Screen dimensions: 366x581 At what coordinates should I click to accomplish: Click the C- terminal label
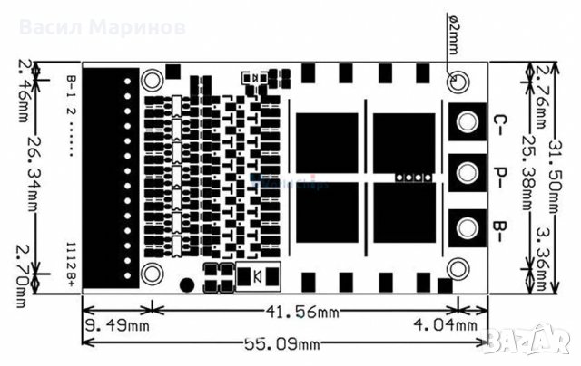[497, 122]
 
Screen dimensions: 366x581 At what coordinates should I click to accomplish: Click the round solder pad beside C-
[468, 120]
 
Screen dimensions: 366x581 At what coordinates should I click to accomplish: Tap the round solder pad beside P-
[468, 172]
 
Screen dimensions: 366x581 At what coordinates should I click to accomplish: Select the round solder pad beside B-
[468, 225]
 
